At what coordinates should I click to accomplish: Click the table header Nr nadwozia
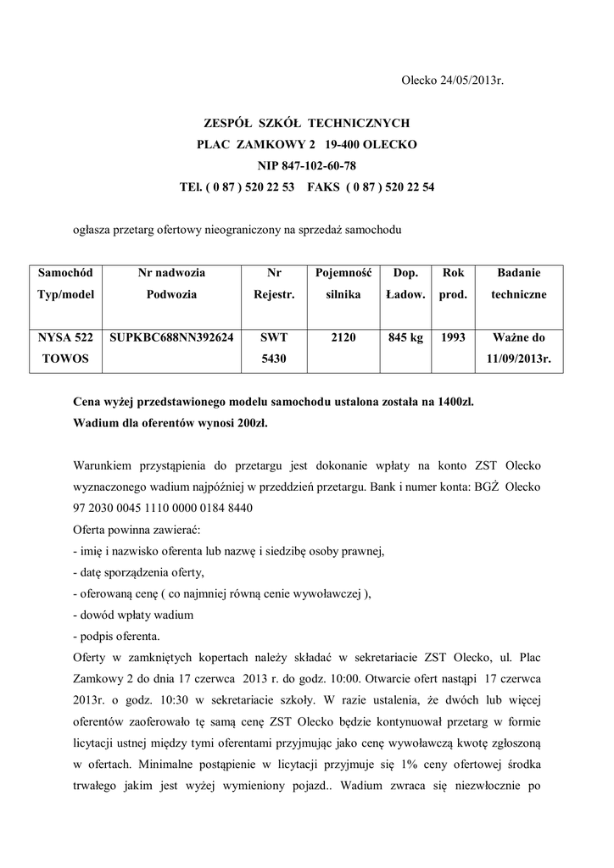[171, 273]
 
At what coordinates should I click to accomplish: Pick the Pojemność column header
[343, 273]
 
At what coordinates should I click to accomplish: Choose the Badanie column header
[518, 273]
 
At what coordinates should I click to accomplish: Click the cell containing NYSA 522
[59, 337]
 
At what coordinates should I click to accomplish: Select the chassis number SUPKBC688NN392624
[171, 337]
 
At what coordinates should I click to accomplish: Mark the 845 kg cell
[405, 337]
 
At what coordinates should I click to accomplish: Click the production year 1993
[454, 337]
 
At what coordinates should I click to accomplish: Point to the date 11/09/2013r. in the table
[518, 359]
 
